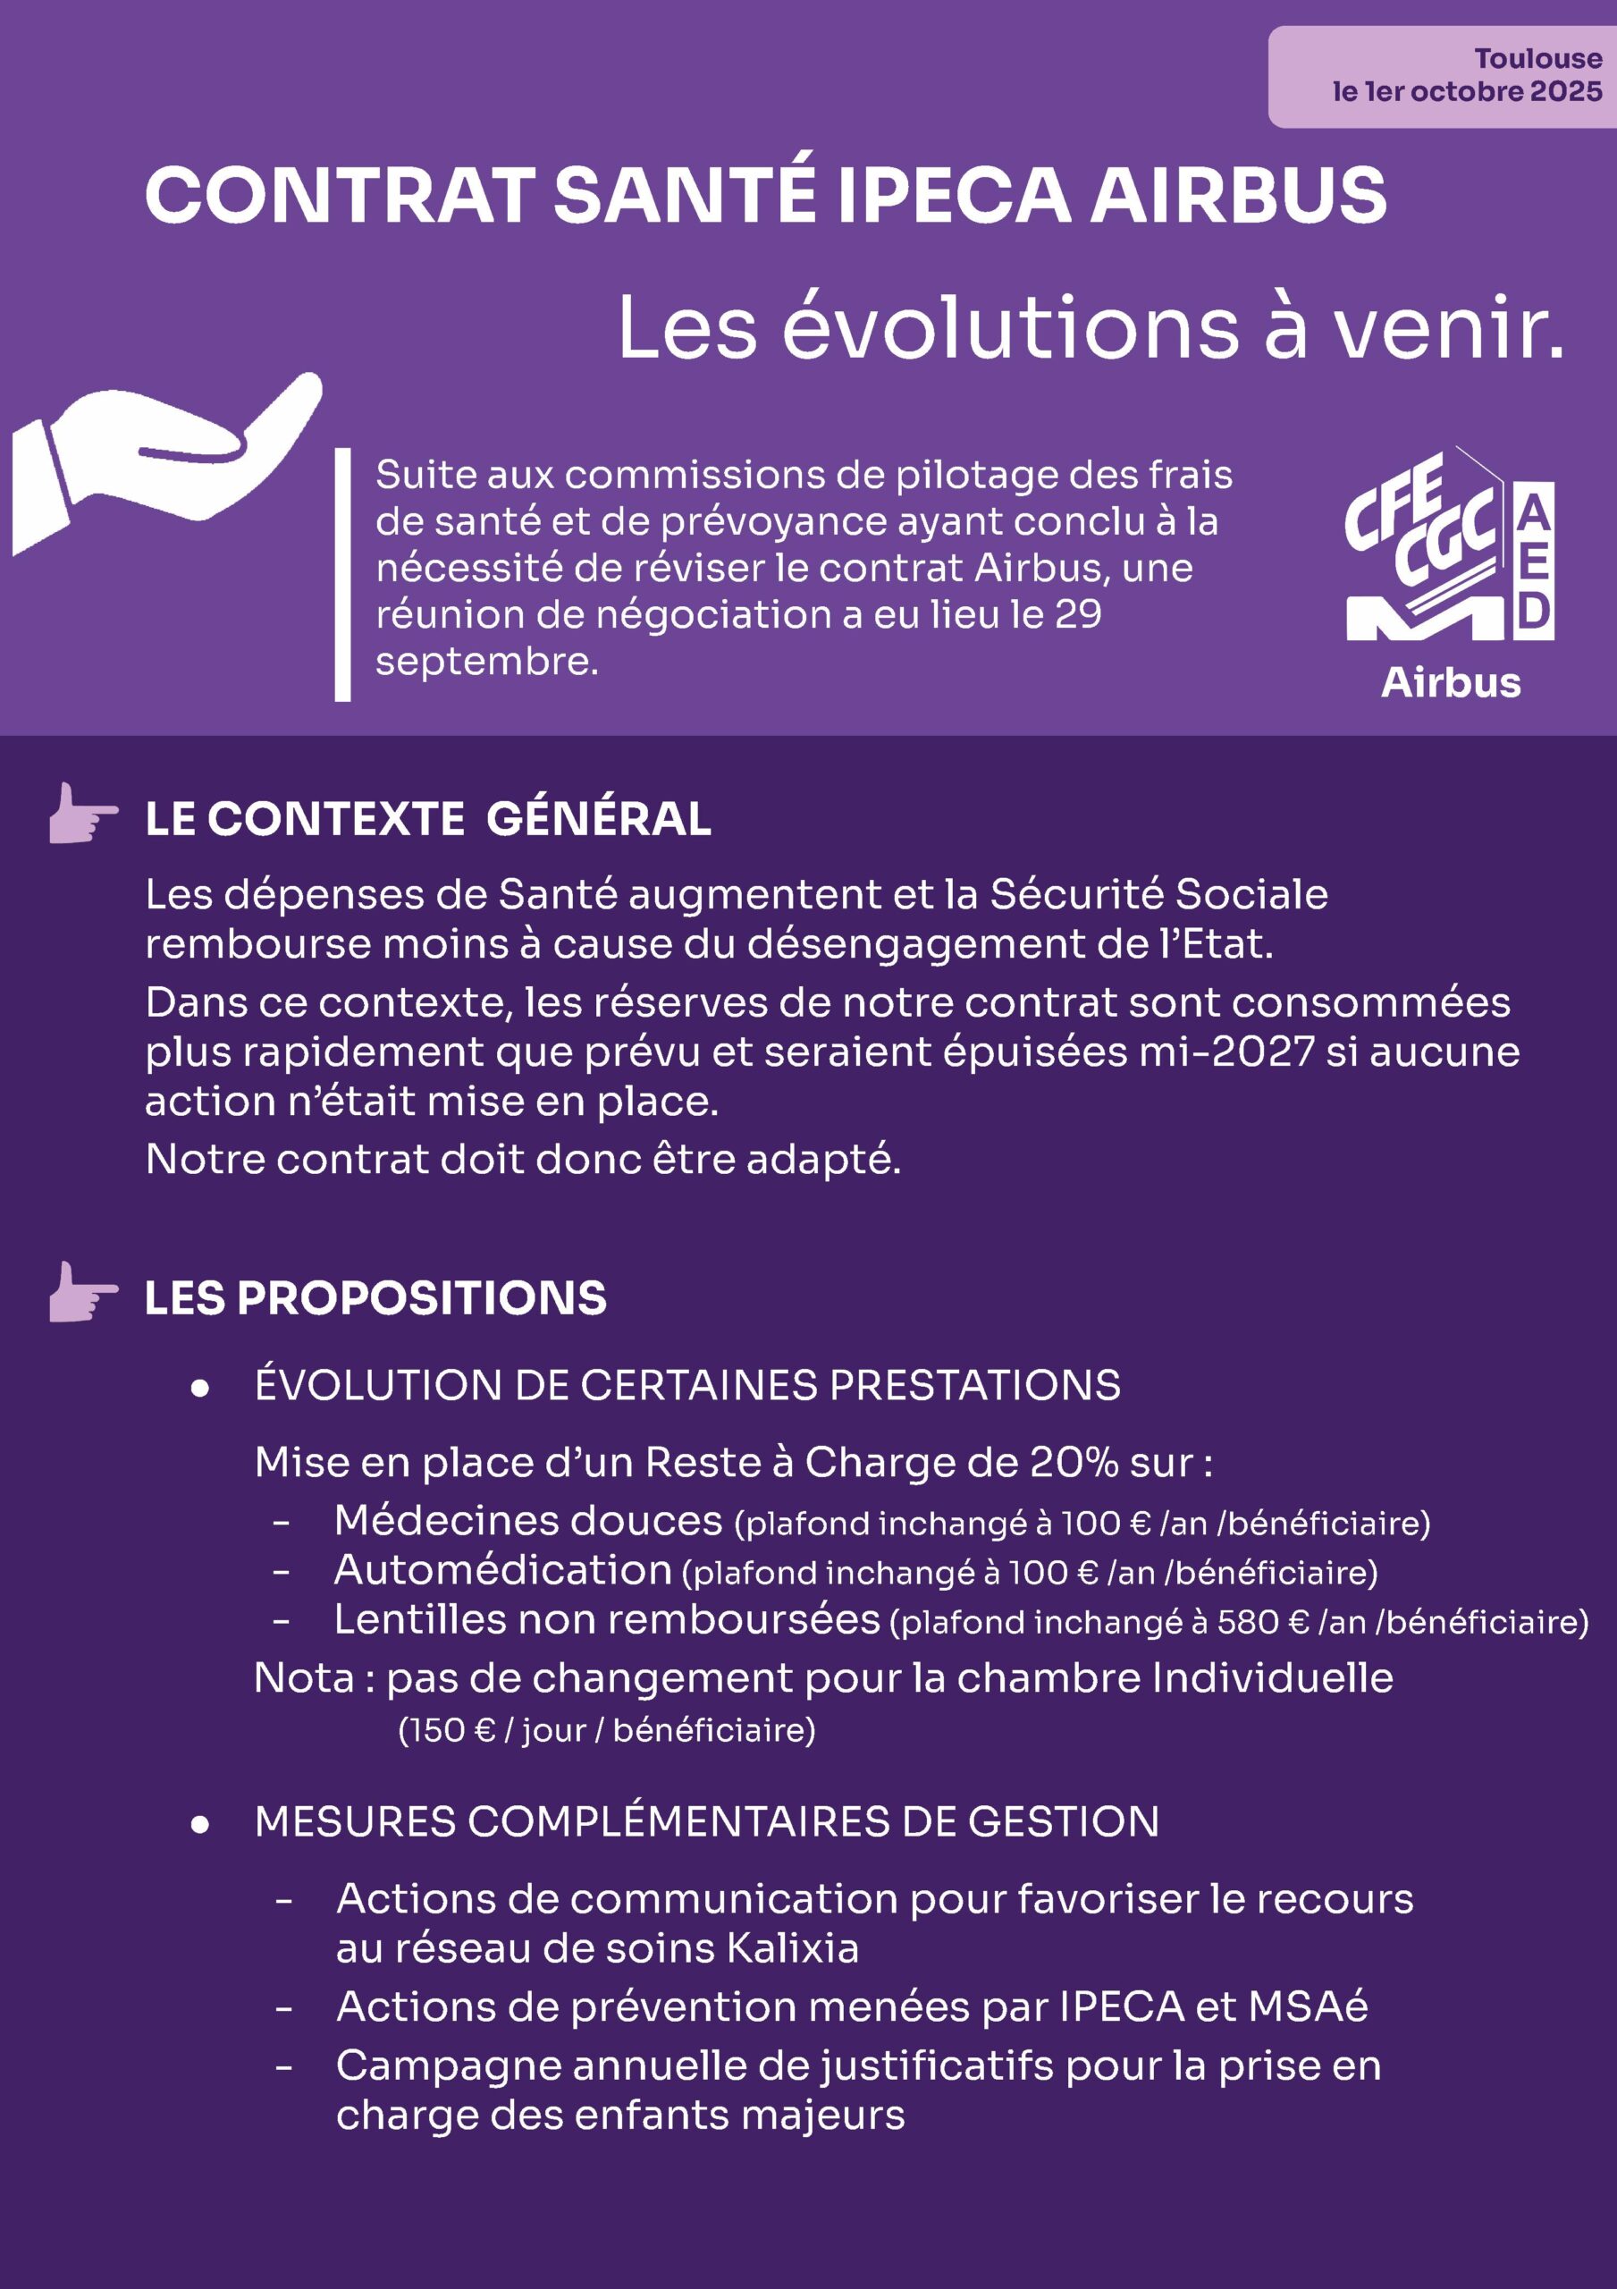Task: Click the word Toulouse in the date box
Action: click(1537, 59)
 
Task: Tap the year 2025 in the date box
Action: click(1566, 92)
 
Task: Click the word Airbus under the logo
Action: click(1451, 683)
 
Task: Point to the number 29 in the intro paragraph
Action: click(1078, 614)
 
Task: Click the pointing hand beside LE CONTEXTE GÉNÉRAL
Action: click(81, 814)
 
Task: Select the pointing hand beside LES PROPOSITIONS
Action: click(81, 1292)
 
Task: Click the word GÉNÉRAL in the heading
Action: click(599, 820)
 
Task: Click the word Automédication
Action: click(503, 1570)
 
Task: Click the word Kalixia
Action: click(793, 1948)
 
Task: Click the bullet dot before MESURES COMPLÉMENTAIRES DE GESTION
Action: click(200, 1823)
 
